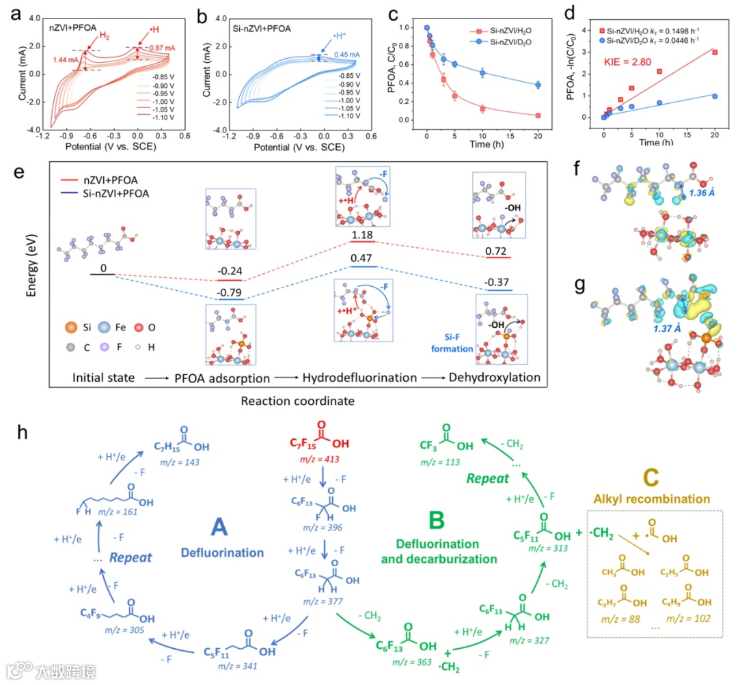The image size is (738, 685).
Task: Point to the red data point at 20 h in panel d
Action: (714, 52)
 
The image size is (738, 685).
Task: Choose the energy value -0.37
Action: (500, 284)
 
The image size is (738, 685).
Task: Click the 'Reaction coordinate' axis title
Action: (297, 401)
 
